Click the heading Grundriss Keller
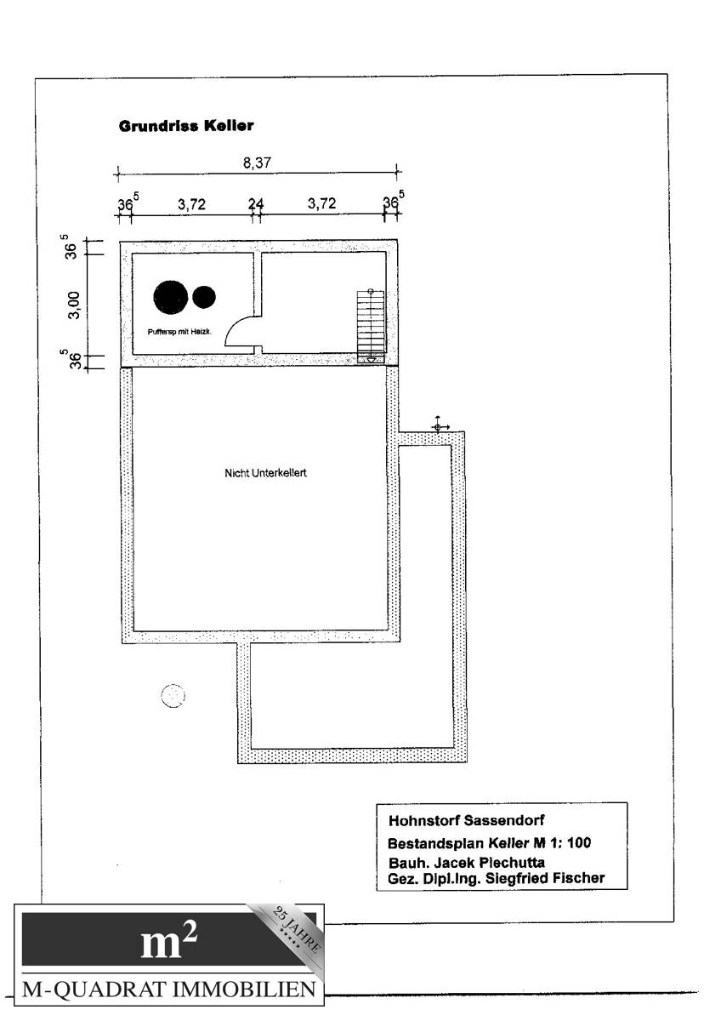tap(186, 126)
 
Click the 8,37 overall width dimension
tap(256, 164)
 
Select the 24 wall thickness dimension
tap(256, 204)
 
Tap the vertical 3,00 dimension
tap(74, 304)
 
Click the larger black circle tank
tap(170, 296)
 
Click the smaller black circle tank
tap(204, 296)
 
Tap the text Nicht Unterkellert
tap(265, 473)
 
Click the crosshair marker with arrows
tap(438, 425)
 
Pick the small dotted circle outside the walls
tap(173, 696)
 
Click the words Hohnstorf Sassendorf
tap(466, 822)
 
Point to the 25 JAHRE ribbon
tap(292, 933)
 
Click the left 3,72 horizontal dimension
tap(191, 204)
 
